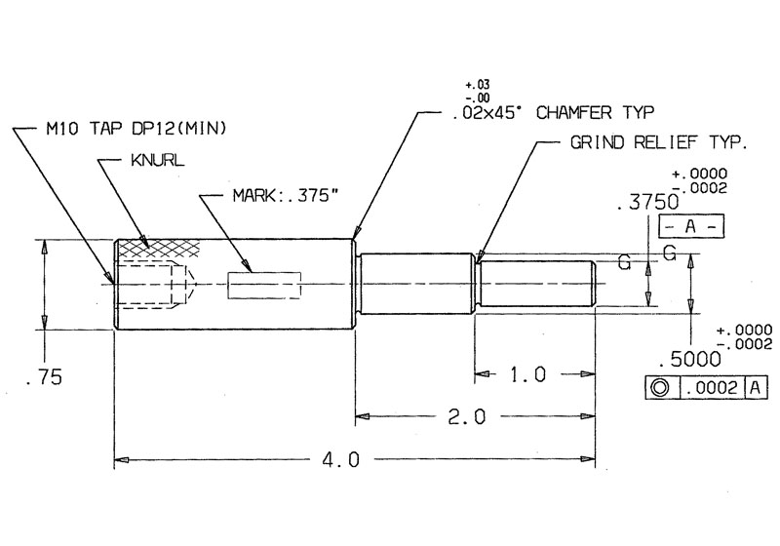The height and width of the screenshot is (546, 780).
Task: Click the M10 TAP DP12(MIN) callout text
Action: (136, 127)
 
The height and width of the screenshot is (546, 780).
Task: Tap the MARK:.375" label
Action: (285, 196)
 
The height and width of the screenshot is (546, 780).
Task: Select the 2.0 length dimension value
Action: (467, 416)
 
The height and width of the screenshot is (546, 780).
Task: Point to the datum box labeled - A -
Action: (691, 227)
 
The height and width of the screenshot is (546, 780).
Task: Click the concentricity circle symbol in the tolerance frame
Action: (660, 388)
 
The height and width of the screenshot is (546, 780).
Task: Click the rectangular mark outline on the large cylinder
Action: (264, 285)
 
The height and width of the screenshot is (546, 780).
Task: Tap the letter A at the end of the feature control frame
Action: (757, 388)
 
